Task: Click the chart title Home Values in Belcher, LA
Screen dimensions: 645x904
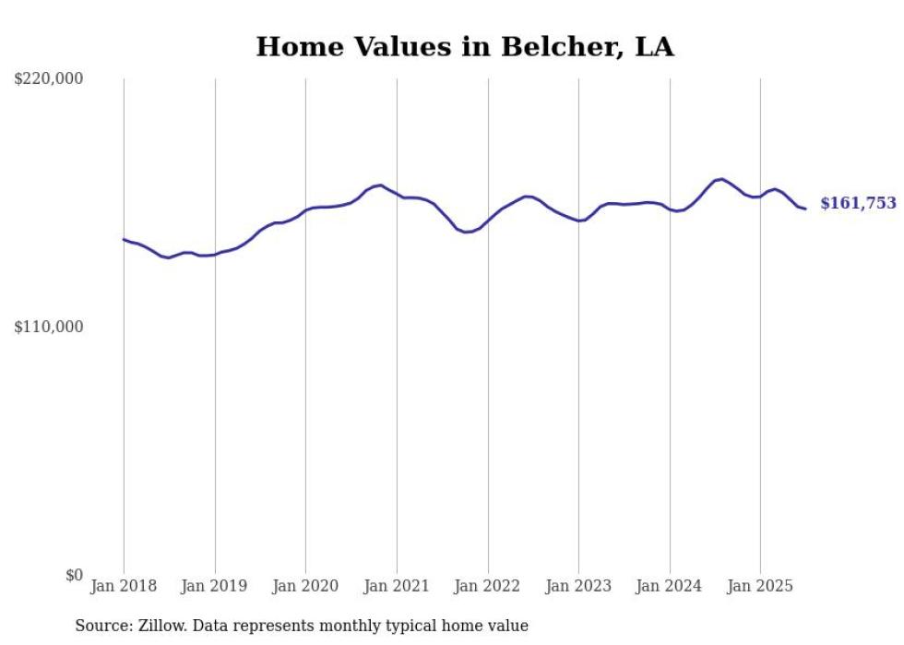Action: pyautogui.click(x=464, y=47)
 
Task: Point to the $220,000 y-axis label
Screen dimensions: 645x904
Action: pyautogui.click(x=49, y=79)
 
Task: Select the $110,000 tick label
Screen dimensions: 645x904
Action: pyautogui.click(x=49, y=327)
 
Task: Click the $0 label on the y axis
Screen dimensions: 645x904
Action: pyautogui.click(x=74, y=575)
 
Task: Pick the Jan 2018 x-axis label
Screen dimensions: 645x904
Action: pyautogui.click(x=124, y=586)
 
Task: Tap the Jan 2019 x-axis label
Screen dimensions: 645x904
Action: pyautogui.click(x=215, y=586)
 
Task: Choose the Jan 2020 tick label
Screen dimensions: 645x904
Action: pyautogui.click(x=305, y=586)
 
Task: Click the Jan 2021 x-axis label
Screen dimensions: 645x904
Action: pyautogui.click(x=397, y=586)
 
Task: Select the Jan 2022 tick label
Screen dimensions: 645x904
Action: pyautogui.click(x=488, y=586)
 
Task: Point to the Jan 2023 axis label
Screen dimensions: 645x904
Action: pyautogui.click(x=578, y=586)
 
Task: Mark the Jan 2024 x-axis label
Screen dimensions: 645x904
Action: pyautogui.click(x=670, y=586)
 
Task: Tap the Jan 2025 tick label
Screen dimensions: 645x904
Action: pyautogui.click(x=760, y=586)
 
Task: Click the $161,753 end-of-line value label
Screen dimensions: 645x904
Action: pyautogui.click(x=858, y=204)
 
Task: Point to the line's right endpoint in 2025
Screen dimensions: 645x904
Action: pyautogui.click(x=805, y=209)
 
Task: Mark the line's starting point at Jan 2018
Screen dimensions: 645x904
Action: pyautogui.click(x=124, y=239)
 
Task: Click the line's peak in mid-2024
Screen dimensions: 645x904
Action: pyautogui.click(x=721, y=179)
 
